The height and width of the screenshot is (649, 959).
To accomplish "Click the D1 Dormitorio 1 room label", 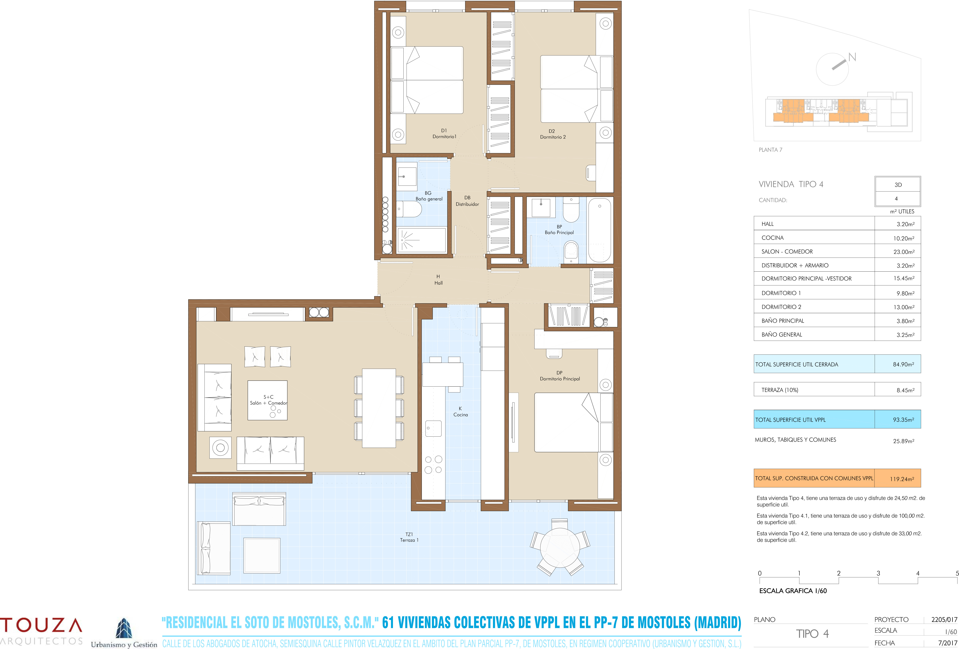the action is pyautogui.click(x=444, y=133).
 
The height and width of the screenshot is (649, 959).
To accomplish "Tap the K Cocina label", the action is pyautogui.click(x=460, y=411).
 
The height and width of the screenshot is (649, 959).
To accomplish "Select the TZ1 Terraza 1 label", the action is pyautogui.click(x=409, y=537).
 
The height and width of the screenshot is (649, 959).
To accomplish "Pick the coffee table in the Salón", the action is pyautogui.click(x=267, y=400).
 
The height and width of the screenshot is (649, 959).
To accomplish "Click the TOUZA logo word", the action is pyautogui.click(x=41, y=626).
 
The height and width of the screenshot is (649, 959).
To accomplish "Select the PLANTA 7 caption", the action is pyautogui.click(x=770, y=150).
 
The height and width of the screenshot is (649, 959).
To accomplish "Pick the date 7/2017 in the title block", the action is pyautogui.click(x=947, y=643).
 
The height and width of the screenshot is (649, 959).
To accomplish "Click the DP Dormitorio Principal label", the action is pyautogui.click(x=560, y=375).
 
